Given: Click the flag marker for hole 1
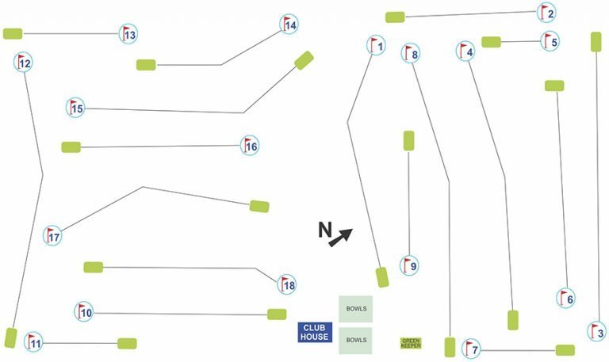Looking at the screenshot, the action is [376, 45].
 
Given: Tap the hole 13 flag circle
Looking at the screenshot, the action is [128, 34].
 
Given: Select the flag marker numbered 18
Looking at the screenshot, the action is [286, 285].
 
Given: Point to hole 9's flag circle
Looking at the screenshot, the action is [409, 265].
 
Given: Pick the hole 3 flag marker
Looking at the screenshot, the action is [596, 332].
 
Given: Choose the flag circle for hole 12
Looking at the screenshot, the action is [23, 62].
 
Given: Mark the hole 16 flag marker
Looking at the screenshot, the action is [249, 146].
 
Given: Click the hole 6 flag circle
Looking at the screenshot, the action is [566, 299].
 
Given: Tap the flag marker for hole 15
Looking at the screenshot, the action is [75, 108].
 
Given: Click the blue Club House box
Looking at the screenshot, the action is [315, 332].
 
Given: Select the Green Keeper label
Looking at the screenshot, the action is [411, 343].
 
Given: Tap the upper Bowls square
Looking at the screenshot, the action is [356, 309].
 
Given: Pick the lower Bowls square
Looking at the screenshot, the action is [356, 341].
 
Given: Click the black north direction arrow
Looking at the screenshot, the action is [341, 238].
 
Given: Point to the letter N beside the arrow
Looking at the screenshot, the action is [325, 230].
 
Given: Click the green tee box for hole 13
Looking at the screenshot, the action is [13, 34].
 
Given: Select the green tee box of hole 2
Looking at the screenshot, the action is [395, 17].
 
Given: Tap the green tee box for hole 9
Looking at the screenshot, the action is [408, 141].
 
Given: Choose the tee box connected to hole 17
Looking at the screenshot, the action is [259, 207].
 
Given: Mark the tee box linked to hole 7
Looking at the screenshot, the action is [565, 350].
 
